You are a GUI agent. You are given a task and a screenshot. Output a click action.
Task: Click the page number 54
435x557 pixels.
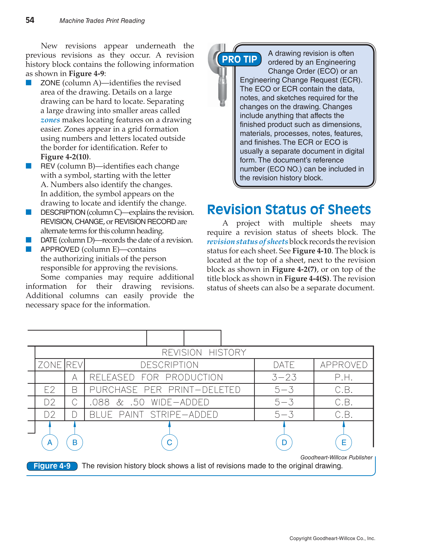point(30,20)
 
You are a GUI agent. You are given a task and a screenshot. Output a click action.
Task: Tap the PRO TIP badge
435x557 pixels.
point(239,59)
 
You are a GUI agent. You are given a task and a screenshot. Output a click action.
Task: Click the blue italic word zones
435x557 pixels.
point(50,120)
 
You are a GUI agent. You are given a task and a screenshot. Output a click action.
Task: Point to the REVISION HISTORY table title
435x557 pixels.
point(204,353)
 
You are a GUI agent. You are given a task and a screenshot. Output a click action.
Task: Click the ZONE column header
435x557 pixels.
point(50,365)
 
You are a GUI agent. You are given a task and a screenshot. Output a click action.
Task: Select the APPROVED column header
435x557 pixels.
point(344,365)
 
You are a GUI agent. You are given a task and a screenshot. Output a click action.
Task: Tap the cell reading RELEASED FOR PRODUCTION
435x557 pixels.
point(156,377)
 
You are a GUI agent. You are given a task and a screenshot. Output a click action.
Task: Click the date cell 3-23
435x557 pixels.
point(284,377)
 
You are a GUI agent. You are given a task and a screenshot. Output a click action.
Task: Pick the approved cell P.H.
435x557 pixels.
point(344,377)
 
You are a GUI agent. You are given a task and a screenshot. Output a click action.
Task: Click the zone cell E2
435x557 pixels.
point(50,390)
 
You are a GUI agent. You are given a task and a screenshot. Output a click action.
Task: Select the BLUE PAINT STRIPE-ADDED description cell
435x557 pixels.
point(154,415)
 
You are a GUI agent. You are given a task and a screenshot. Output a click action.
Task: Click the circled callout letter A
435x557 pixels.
point(50,443)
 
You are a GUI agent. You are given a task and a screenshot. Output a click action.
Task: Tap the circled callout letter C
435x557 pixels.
point(169,443)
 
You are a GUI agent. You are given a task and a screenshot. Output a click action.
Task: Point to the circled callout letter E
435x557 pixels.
point(344,443)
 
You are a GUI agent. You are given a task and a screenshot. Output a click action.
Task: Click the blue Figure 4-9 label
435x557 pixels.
point(52,466)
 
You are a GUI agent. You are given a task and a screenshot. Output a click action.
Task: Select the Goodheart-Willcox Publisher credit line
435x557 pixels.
point(336,457)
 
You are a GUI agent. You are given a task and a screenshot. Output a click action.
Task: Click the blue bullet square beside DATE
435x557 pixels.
point(29,240)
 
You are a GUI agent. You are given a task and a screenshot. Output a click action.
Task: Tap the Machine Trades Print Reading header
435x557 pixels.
point(102,21)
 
